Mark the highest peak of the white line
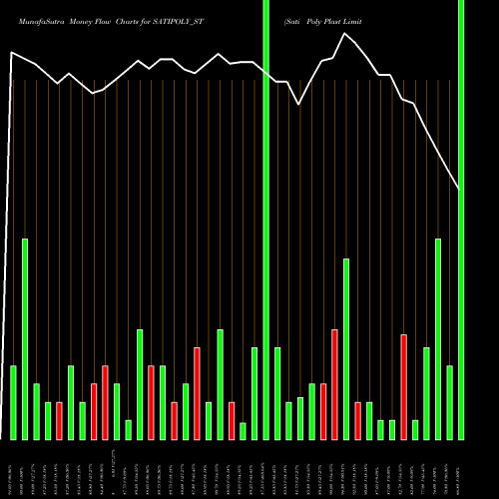click(x=345, y=34)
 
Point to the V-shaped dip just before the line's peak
click(x=299, y=103)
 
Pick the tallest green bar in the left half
click(x=25, y=339)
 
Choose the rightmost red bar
click(x=403, y=386)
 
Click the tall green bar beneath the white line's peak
click(x=346, y=348)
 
